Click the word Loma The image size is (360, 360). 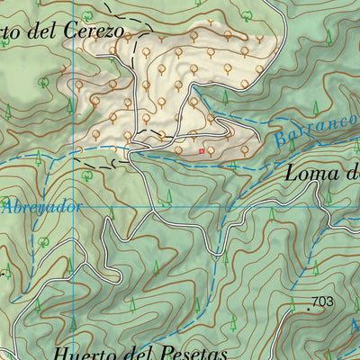pos(310,174)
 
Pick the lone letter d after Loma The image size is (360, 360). pos(353,174)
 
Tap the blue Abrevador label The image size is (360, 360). pos(40,206)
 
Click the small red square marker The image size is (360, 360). pos(202,151)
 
